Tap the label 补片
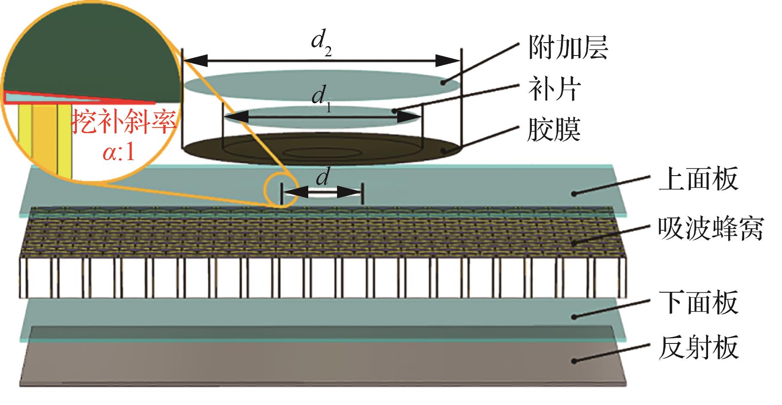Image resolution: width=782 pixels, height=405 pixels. coord(554,89)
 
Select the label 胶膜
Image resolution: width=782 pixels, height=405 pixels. coord(554,129)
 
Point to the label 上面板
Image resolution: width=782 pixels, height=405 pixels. coord(698,179)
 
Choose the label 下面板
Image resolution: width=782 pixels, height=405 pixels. coord(698,303)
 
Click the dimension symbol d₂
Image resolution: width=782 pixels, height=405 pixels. coord(323,43)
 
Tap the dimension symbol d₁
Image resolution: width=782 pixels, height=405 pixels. coord(320,98)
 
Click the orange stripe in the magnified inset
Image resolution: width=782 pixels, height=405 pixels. coord(44,138)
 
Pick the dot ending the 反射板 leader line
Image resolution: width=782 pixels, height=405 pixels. coord(574,360)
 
